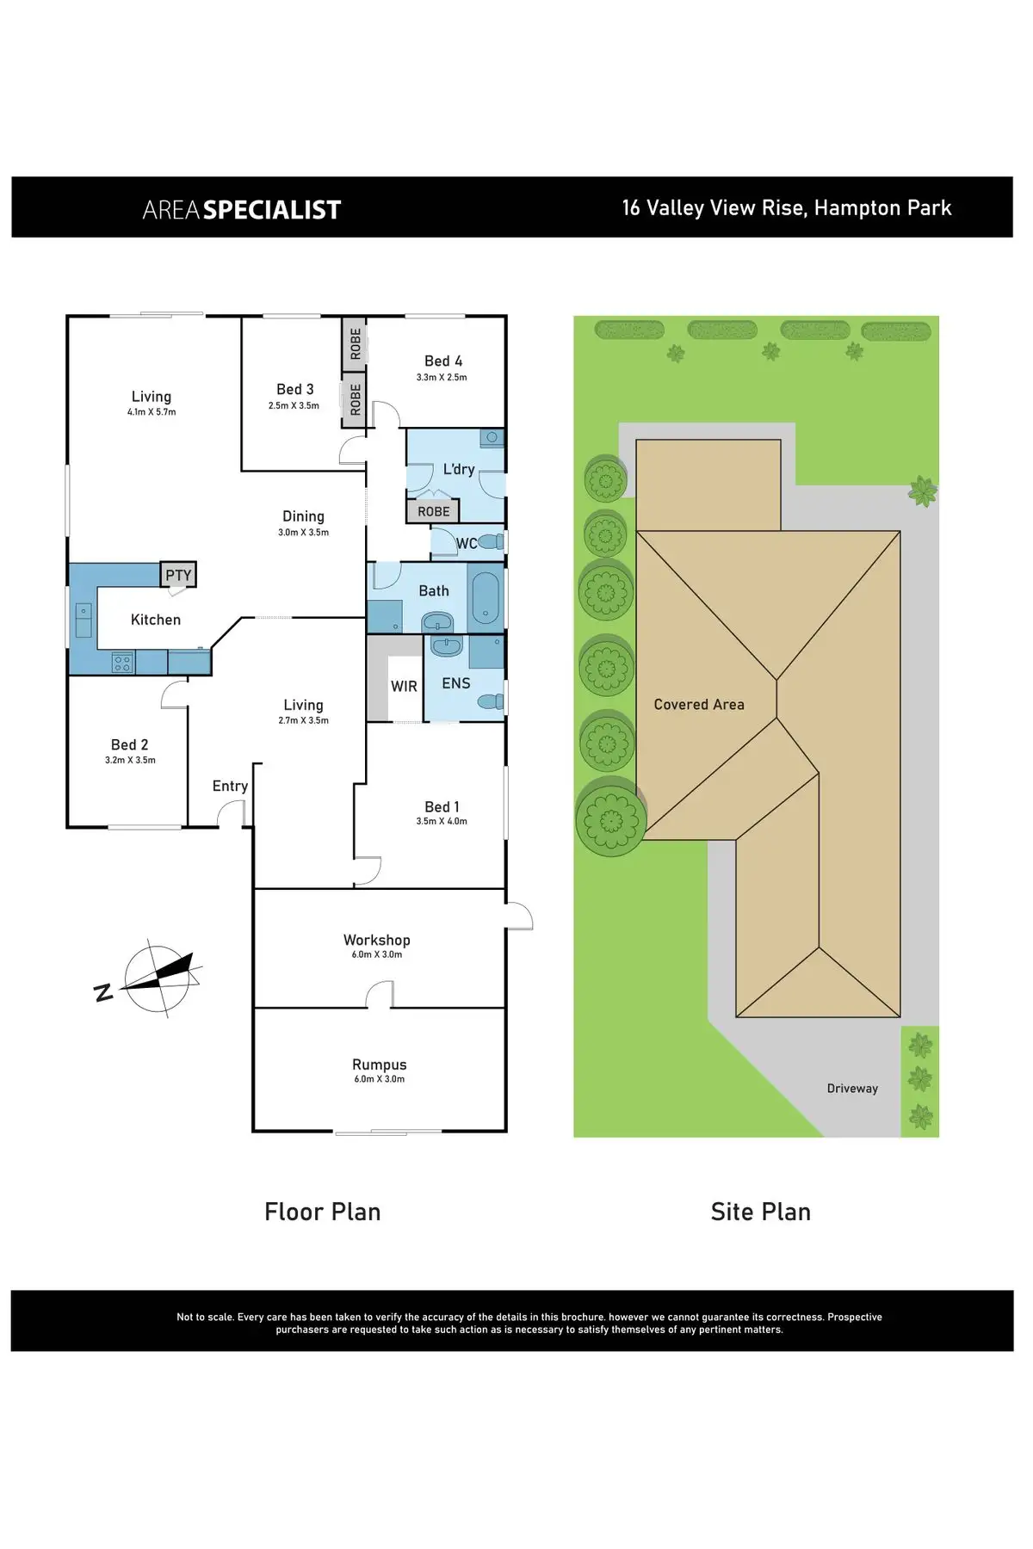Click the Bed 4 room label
(x=443, y=361)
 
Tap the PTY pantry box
(x=178, y=575)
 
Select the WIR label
(x=404, y=686)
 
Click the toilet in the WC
(x=491, y=542)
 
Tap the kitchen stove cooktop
(x=122, y=662)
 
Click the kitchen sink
(x=84, y=617)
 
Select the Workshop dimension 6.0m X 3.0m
(x=377, y=954)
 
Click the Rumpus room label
(x=380, y=1065)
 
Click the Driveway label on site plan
(x=852, y=1089)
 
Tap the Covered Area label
(x=699, y=705)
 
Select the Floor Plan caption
(x=323, y=1212)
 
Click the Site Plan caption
(x=761, y=1212)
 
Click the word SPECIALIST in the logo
(x=272, y=210)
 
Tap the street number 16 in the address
(x=631, y=208)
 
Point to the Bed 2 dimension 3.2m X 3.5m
(x=130, y=760)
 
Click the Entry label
(x=230, y=786)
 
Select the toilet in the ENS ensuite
(x=492, y=702)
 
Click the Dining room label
(x=303, y=516)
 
